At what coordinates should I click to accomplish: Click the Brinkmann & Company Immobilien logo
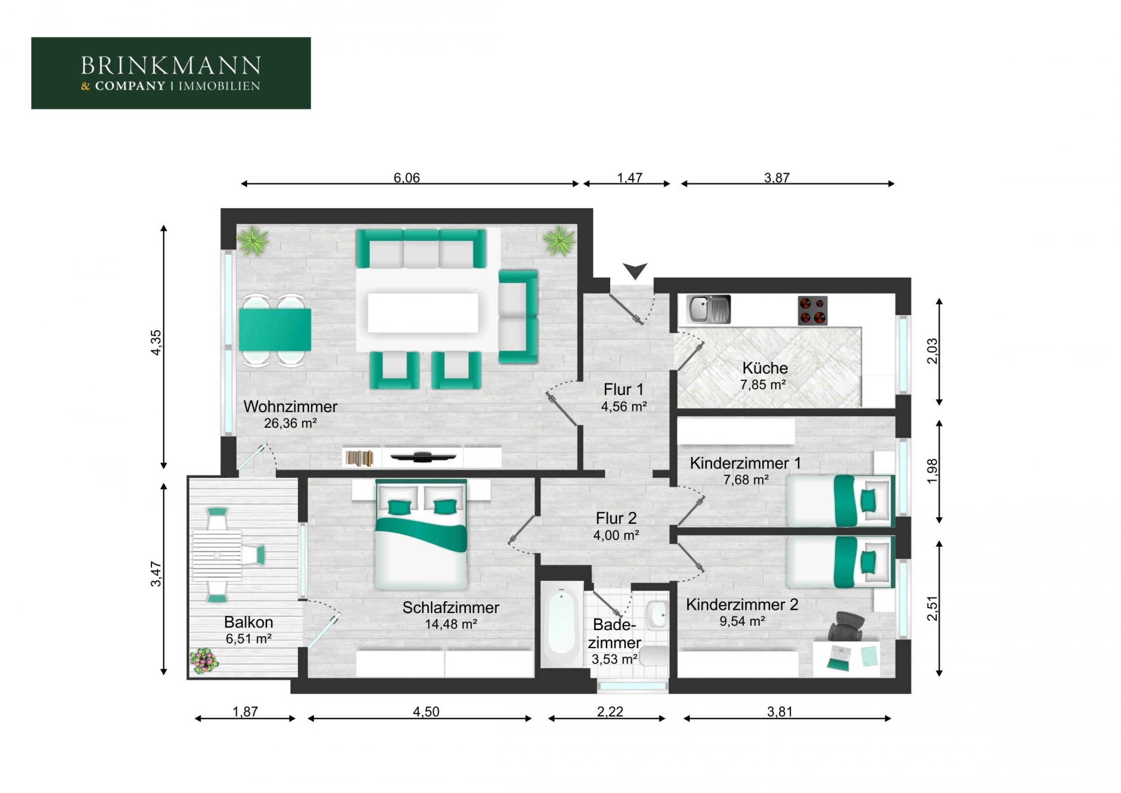click(171, 73)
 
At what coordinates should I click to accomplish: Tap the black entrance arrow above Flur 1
click(635, 270)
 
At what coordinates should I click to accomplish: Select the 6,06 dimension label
click(407, 177)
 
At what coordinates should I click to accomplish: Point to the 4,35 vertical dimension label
click(155, 342)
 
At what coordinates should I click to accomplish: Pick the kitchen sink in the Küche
click(708, 309)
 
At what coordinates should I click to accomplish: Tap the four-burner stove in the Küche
click(813, 310)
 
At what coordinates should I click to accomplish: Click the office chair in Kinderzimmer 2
click(846, 626)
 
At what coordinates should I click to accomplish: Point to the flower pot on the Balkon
click(204, 661)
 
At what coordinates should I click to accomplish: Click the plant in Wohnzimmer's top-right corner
click(559, 241)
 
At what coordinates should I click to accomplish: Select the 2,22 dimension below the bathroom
click(610, 711)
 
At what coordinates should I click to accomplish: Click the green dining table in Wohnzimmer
click(275, 329)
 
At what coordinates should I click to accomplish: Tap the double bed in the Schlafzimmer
click(421, 535)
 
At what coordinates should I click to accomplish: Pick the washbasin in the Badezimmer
click(657, 614)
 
